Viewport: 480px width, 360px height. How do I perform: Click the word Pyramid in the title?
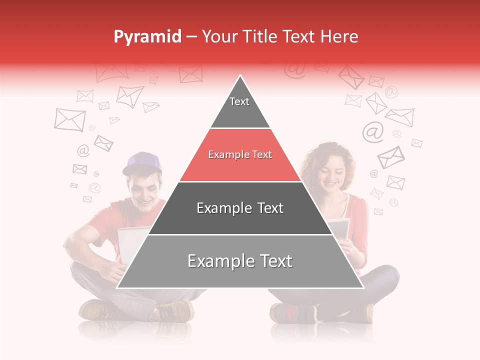147,37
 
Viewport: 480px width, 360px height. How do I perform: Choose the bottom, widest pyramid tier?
240,267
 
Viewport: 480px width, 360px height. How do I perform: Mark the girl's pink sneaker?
292,313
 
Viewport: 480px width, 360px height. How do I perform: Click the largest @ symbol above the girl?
373,131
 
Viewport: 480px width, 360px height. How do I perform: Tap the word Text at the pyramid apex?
239,101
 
